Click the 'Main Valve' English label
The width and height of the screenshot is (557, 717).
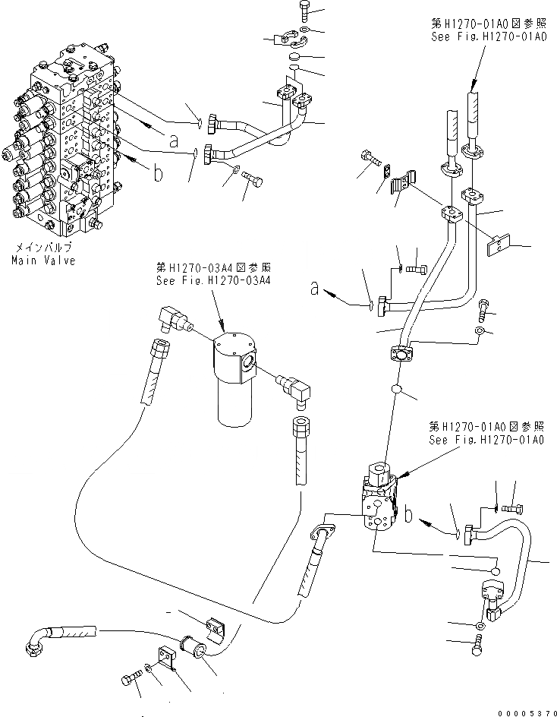point(43,261)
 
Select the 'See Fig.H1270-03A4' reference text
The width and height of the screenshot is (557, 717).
point(214,280)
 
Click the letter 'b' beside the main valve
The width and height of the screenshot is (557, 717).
point(158,174)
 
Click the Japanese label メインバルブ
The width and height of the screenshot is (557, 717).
point(43,248)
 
